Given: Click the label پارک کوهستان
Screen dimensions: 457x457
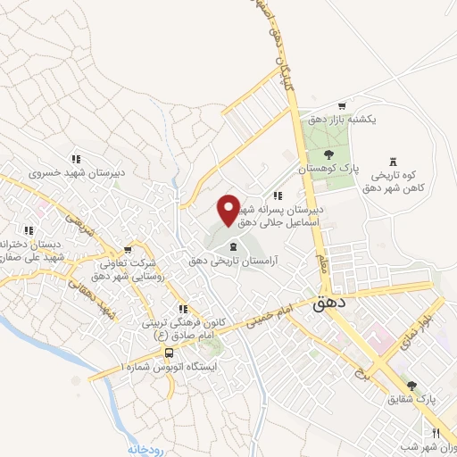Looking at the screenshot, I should (x=328, y=168).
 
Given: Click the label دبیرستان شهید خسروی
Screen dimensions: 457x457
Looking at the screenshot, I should (x=76, y=173).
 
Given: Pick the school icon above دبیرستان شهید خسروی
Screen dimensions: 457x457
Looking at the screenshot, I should (x=76, y=160).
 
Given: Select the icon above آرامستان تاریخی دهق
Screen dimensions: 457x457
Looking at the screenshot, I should (x=233, y=247).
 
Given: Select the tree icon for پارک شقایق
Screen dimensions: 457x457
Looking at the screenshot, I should (x=411, y=386).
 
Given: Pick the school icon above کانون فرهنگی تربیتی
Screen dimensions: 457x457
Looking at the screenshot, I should (x=183, y=308).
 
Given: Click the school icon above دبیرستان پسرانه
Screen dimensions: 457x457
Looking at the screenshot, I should (x=278, y=195).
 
